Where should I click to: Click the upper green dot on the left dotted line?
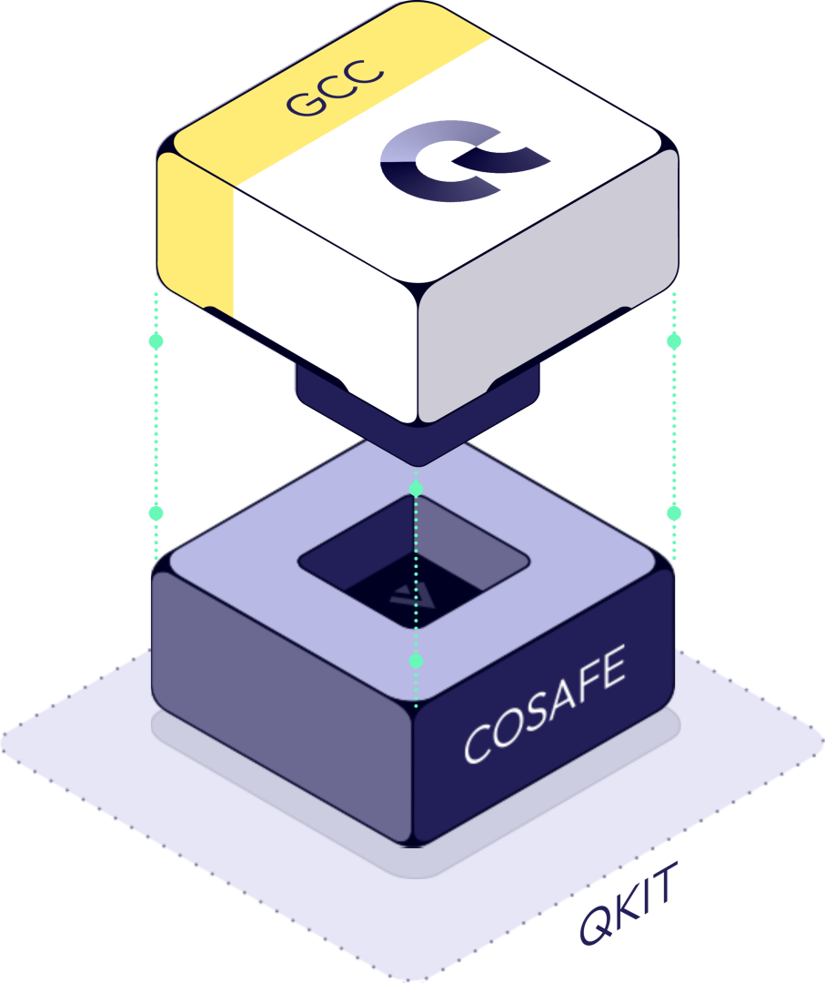tap(156, 341)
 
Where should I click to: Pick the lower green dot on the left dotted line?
tap(156, 513)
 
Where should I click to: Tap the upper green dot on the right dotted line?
tap(674, 341)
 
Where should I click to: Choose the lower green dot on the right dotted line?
tap(674, 513)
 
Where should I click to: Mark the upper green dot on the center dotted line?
tap(416, 490)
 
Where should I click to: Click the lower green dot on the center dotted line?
tap(416, 660)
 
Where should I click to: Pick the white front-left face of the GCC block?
tap(323, 309)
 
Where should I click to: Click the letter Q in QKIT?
tap(596, 924)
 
